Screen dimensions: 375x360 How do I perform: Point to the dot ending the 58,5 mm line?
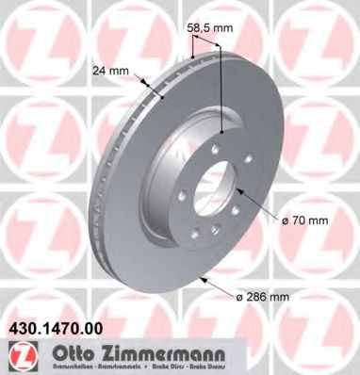click(221, 132)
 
